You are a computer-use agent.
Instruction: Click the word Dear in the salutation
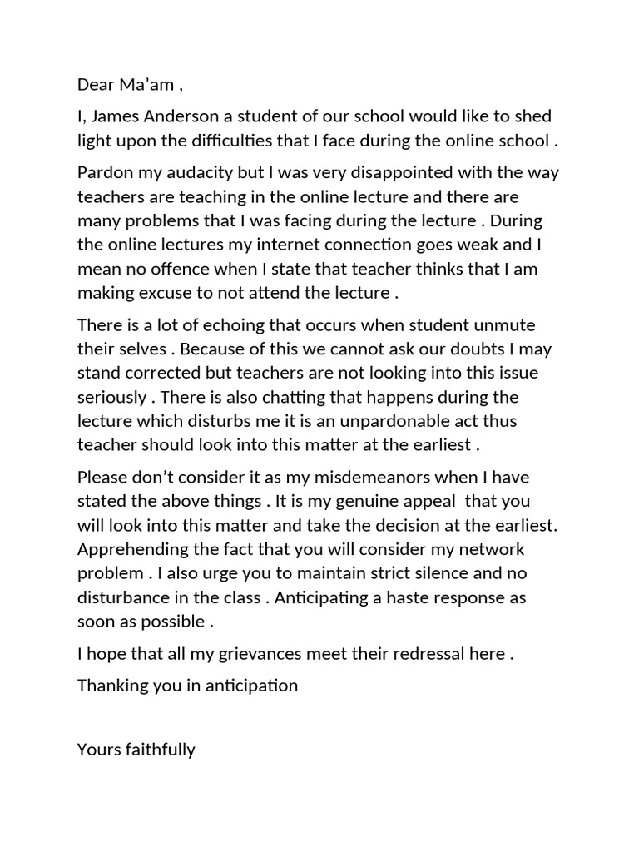pyautogui.click(x=95, y=84)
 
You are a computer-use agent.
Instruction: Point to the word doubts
pyautogui.click(x=374, y=349)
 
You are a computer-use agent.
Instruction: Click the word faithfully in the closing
pyautogui.click(x=161, y=750)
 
